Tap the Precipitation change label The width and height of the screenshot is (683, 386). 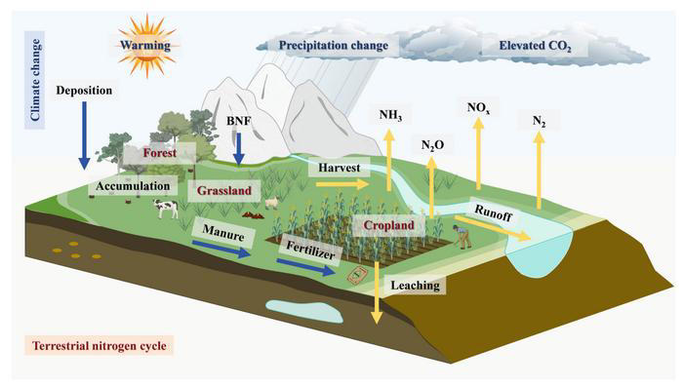coord(334,45)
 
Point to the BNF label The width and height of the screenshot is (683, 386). coord(238,120)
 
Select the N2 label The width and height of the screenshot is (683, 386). coord(539,121)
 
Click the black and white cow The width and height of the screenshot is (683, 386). coord(164,208)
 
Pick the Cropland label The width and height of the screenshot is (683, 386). coord(390,225)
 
